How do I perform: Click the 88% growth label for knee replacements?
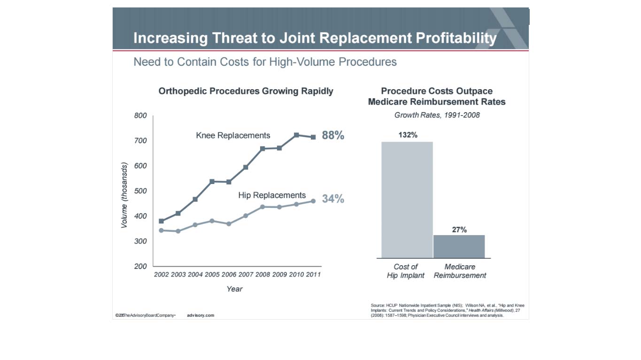[x=333, y=136]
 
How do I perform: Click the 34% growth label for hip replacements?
[x=333, y=199]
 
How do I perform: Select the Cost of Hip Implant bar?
[x=407, y=199]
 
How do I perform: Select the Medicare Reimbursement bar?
[x=459, y=246]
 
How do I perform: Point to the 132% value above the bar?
[x=408, y=135]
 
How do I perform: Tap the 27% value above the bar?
[x=459, y=230]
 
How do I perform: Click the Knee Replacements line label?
[x=233, y=136]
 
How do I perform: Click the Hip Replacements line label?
[x=272, y=195]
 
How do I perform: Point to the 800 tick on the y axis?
[x=140, y=116]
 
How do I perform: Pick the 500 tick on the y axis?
[x=140, y=191]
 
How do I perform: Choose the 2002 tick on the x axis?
[x=162, y=275]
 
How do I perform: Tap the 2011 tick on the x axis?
[x=313, y=275]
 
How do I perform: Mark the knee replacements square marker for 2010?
[x=296, y=135]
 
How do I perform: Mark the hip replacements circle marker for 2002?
[x=162, y=230]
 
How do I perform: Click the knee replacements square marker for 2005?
[x=212, y=181]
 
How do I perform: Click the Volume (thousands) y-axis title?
[x=124, y=195]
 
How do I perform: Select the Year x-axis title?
[x=234, y=289]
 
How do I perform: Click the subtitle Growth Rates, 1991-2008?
[x=437, y=115]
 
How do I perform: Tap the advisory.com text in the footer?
[x=201, y=315]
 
